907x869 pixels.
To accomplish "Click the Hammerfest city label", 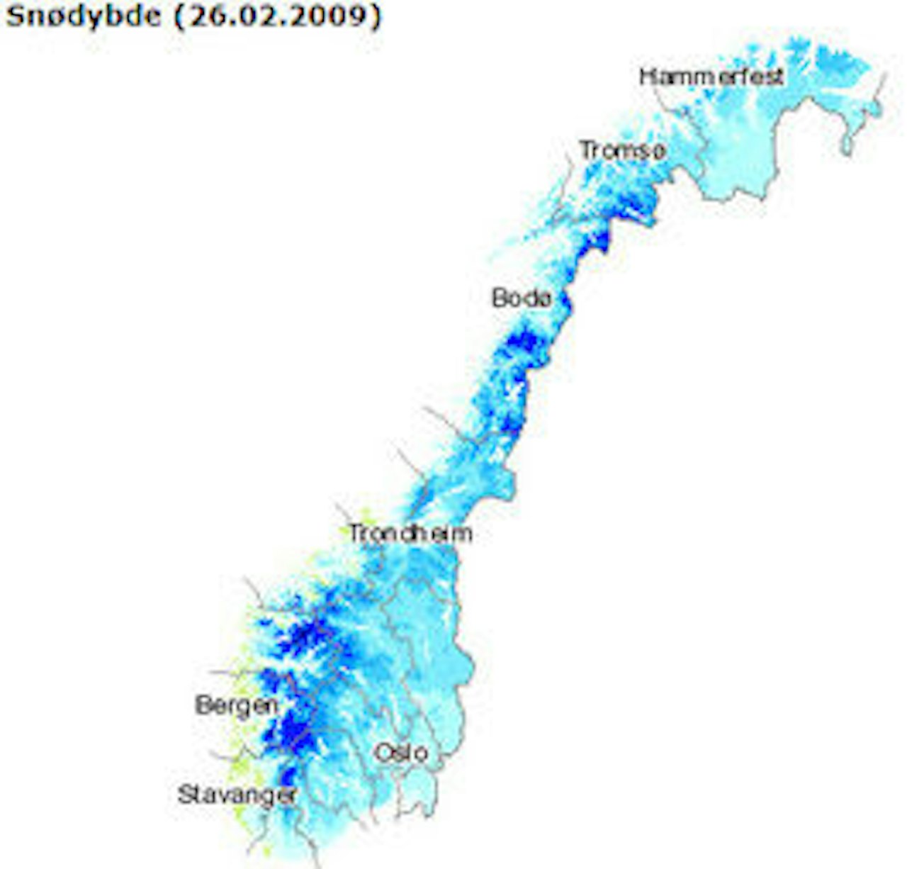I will [711, 76].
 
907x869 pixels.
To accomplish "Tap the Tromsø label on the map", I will [622, 150].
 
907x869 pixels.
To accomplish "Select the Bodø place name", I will [522, 298].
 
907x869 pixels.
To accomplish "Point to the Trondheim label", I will [410, 533].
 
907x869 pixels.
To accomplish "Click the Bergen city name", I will [237, 705].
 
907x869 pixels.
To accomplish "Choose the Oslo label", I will [400, 752].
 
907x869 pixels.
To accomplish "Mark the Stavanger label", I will [237, 795].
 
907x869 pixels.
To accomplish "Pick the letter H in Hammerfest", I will [646, 76].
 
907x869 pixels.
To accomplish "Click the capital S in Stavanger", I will [185, 795].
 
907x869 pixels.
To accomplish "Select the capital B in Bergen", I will [203, 705].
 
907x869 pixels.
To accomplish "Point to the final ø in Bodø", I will [543, 298].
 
